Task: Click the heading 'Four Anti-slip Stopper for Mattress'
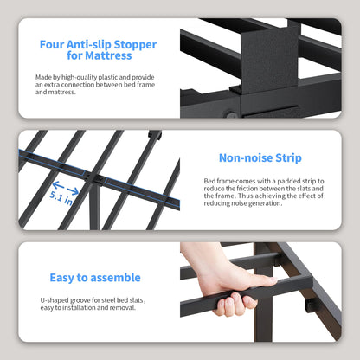[x=98, y=50]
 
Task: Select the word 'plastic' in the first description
[x=108, y=77]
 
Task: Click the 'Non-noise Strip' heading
[x=260, y=157]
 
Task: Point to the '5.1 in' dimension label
[x=61, y=197]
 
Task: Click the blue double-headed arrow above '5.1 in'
[x=66, y=188]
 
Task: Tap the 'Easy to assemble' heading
[x=95, y=278]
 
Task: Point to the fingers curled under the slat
[x=235, y=305]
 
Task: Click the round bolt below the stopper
[x=231, y=114]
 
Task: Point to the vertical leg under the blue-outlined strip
[x=95, y=206]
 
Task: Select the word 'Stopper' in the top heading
[x=135, y=45]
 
